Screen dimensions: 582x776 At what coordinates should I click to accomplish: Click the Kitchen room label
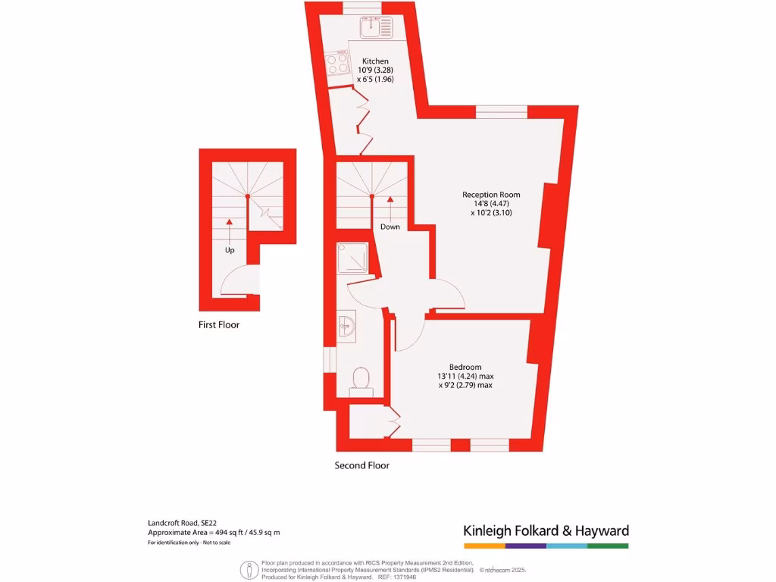[x=375, y=61]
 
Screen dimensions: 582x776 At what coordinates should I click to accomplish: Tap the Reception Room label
[x=491, y=195]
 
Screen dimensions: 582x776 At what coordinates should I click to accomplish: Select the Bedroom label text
[x=465, y=368]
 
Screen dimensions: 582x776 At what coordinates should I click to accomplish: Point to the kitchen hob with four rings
[x=337, y=64]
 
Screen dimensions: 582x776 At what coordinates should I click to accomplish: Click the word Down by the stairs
[x=390, y=227]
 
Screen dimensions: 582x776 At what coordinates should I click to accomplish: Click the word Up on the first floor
[x=230, y=249]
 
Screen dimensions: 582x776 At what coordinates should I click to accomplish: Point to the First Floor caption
[x=219, y=324]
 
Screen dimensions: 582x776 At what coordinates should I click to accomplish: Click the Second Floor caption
[x=362, y=465]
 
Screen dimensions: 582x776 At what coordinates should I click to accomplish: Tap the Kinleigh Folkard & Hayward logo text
[x=546, y=530]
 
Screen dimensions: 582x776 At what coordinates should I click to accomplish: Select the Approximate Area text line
[x=214, y=533]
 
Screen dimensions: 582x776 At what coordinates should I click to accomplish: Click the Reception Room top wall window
[x=502, y=111]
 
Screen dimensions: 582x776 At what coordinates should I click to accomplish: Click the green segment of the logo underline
[x=608, y=546]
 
